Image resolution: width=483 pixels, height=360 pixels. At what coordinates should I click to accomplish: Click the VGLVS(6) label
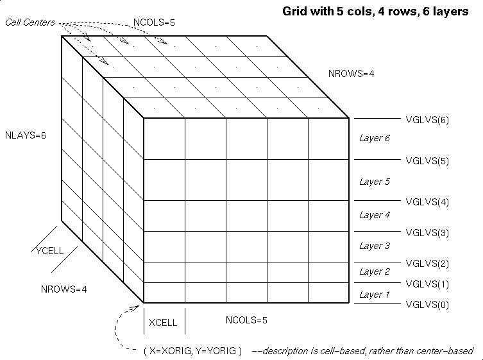click(x=427, y=120)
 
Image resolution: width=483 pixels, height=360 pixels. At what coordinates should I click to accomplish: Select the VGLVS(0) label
click(x=427, y=305)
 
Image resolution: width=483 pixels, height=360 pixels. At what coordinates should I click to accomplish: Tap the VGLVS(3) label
click(x=427, y=233)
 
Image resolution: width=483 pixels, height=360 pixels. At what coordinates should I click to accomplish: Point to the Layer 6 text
click(x=375, y=138)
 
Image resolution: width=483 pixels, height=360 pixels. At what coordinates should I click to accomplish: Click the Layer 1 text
click(x=375, y=295)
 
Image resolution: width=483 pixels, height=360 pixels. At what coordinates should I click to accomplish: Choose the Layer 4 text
click(x=375, y=215)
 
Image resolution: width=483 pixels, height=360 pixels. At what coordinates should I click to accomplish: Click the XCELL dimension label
click(x=163, y=323)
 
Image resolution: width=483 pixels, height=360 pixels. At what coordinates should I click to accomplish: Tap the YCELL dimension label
click(x=50, y=251)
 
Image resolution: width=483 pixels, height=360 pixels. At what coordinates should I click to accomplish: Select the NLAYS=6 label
click(x=26, y=135)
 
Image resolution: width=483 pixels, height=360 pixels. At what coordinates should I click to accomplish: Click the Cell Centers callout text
click(x=30, y=22)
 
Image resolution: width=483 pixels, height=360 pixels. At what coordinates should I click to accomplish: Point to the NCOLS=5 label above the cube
click(x=154, y=22)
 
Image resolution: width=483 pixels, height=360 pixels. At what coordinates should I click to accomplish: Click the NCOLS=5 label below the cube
click(x=246, y=320)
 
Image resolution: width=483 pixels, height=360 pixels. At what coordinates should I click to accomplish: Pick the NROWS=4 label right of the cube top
click(x=351, y=74)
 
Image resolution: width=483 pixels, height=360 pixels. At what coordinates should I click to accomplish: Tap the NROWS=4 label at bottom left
click(x=64, y=289)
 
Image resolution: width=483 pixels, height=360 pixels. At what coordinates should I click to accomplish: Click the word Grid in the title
click(x=295, y=12)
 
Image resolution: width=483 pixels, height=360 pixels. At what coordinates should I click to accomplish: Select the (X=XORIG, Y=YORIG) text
click(x=193, y=351)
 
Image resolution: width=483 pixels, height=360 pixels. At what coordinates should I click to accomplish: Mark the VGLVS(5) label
click(x=427, y=161)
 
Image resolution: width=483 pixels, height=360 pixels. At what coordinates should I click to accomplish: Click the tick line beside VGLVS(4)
click(x=377, y=201)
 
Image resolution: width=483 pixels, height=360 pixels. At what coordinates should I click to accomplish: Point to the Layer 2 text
click(x=375, y=271)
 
